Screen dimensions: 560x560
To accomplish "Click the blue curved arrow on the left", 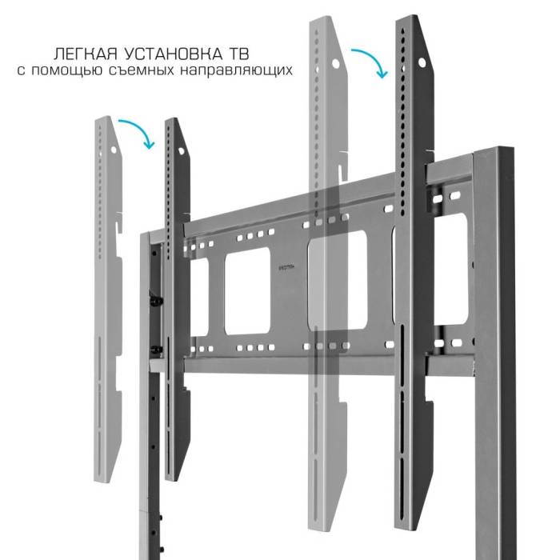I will point(137,133).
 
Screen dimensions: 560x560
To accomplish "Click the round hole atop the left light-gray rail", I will point(114,150).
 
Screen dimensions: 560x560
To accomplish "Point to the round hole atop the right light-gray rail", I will point(335,62).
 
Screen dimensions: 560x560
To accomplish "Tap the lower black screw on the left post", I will point(155,350).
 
